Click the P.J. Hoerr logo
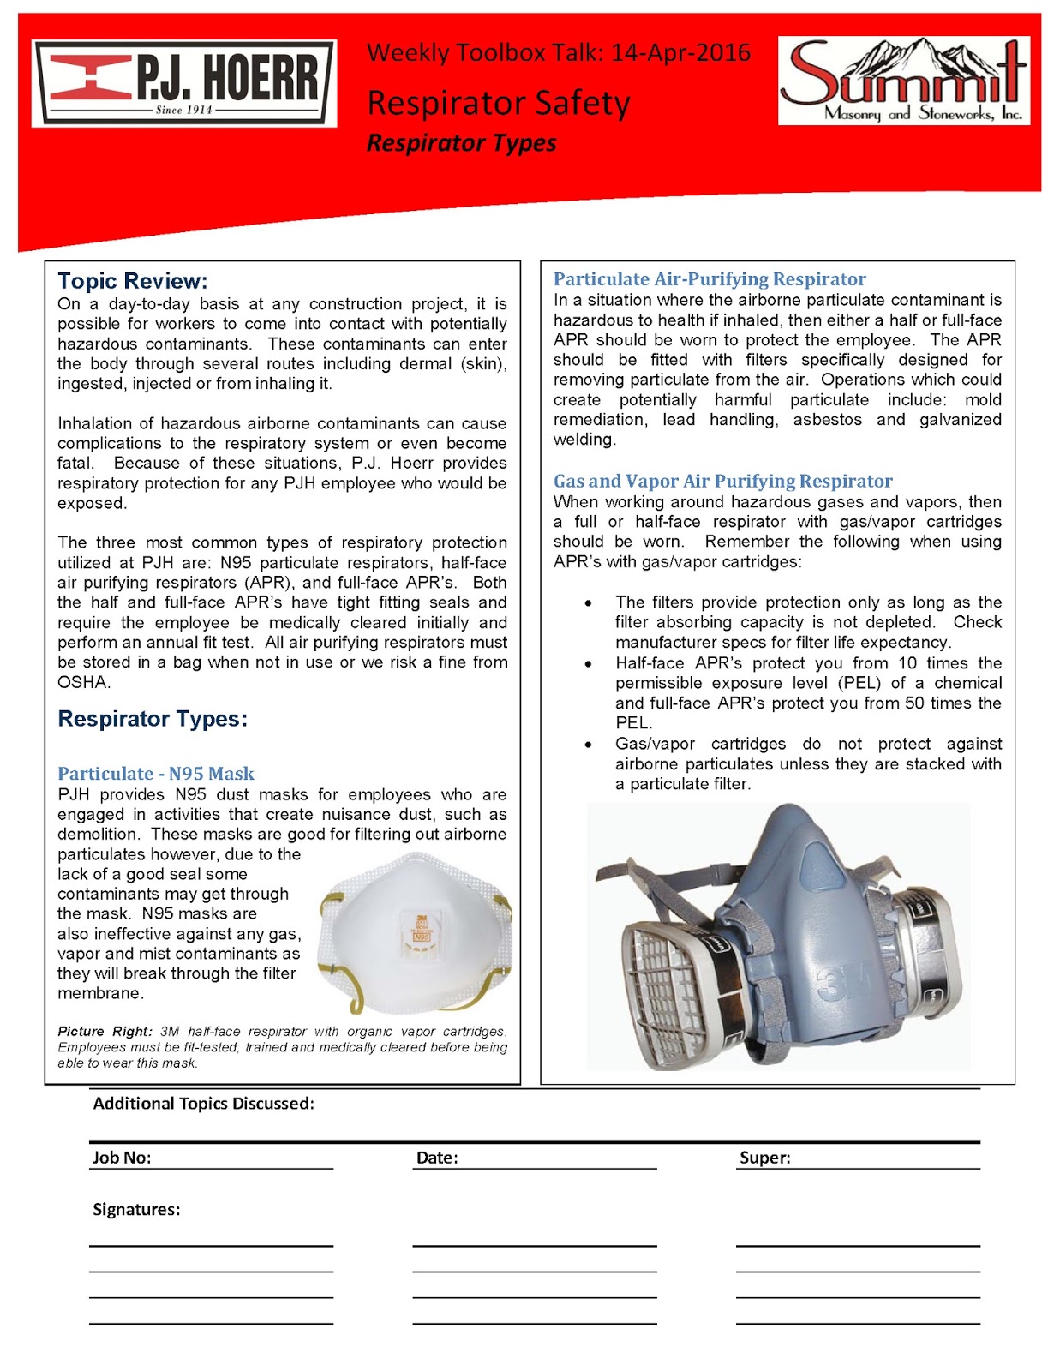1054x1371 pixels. pyautogui.click(x=183, y=84)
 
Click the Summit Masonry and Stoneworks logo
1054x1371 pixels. pyautogui.click(x=904, y=81)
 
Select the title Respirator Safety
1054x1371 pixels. pyautogui.click(x=498, y=104)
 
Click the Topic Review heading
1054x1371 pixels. pyautogui.click(x=132, y=281)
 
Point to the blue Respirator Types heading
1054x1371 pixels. pyautogui.click(x=153, y=719)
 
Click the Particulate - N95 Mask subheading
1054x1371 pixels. pyautogui.click(x=156, y=774)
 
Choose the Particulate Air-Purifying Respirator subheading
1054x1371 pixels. pyautogui.click(x=710, y=279)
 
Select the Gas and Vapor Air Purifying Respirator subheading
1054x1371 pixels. pyautogui.click(x=722, y=482)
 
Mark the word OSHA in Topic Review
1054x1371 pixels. pyautogui.click(x=83, y=683)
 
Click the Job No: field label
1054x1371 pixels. pyautogui.click(x=122, y=1158)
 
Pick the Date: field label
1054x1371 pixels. pyautogui.click(x=437, y=1158)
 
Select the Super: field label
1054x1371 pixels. pyautogui.click(x=764, y=1158)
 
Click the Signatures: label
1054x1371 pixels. pyautogui.click(x=136, y=1210)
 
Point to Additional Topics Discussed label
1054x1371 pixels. pyautogui.click(x=203, y=1104)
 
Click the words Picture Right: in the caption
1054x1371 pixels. pyautogui.click(x=105, y=1032)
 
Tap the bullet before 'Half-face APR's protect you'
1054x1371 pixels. pyautogui.click(x=588, y=664)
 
